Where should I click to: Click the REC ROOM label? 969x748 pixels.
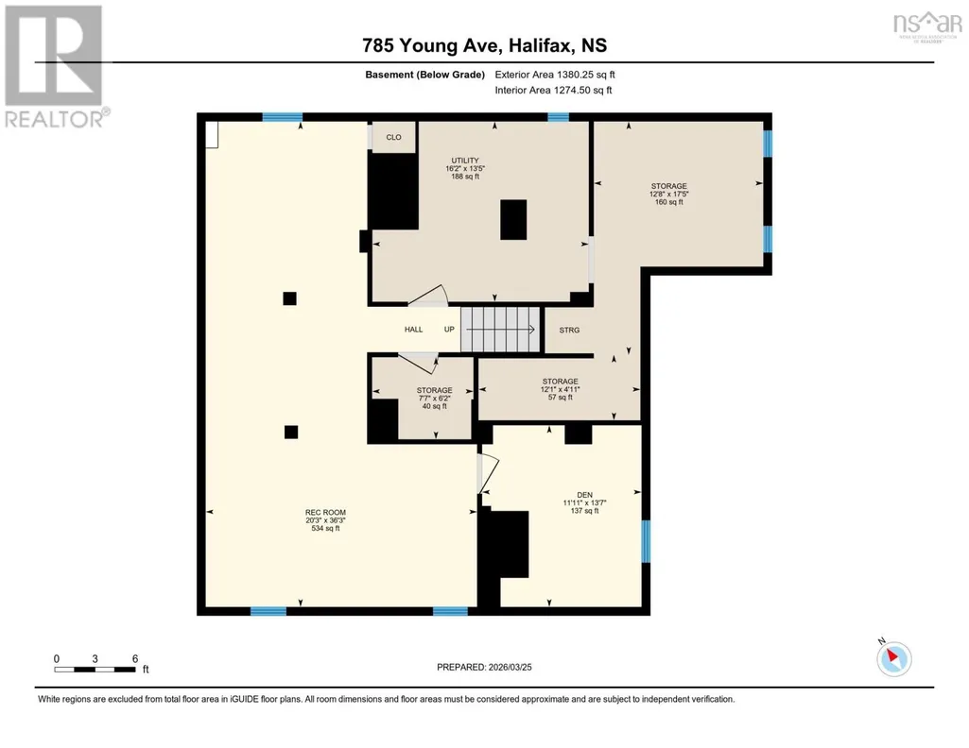click(325, 512)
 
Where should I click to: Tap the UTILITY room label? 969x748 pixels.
click(465, 161)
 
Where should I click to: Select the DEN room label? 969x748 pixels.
click(584, 495)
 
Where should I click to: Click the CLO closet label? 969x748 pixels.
click(393, 137)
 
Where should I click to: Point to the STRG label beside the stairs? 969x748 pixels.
click(569, 331)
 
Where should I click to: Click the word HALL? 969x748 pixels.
click(413, 330)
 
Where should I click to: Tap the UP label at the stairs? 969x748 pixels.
click(449, 330)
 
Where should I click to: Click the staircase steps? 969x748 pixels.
click(500, 330)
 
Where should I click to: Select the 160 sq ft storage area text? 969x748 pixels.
click(668, 202)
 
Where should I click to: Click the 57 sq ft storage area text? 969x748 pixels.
click(560, 398)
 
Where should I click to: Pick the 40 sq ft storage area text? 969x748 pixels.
click(435, 406)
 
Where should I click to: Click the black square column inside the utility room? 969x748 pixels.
click(513, 220)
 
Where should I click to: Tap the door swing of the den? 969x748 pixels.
click(490, 473)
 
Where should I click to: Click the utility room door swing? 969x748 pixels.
click(427, 296)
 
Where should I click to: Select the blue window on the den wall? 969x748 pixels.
click(646, 541)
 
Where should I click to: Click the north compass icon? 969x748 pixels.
click(893, 658)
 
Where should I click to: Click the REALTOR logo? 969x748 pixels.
click(55, 66)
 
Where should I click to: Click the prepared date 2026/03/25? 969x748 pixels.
click(510, 667)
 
